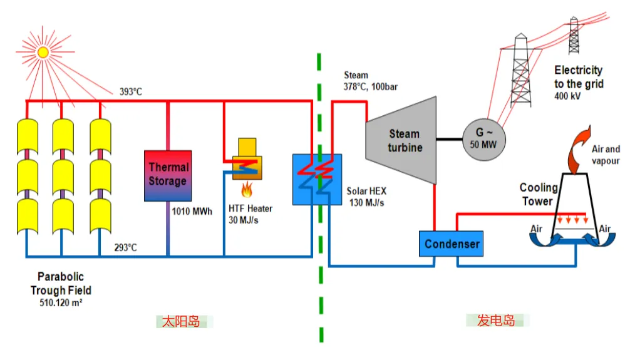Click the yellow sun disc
(x=43, y=52)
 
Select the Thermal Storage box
(x=168, y=176)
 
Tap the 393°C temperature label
(x=131, y=92)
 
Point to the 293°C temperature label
(x=125, y=247)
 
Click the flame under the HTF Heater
(x=247, y=190)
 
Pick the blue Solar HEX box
(x=317, y=180)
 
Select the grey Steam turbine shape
(x=401, y=140)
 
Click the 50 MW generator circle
(x=484, y=140)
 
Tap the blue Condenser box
(x=451, y=244)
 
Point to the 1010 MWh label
(x=192, y=212)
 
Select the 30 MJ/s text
(x=244, y=220)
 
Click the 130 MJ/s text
(x=367, y=202)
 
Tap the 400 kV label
(x=567, y=96)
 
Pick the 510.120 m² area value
(x=61, y=302)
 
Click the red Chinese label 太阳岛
(x=181, y=322)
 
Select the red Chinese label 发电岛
(x=496, y=321)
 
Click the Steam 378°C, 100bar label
(x=371, y=81)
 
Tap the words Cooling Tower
(x=538, y=194)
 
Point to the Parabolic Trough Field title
(x=61, y=284)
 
